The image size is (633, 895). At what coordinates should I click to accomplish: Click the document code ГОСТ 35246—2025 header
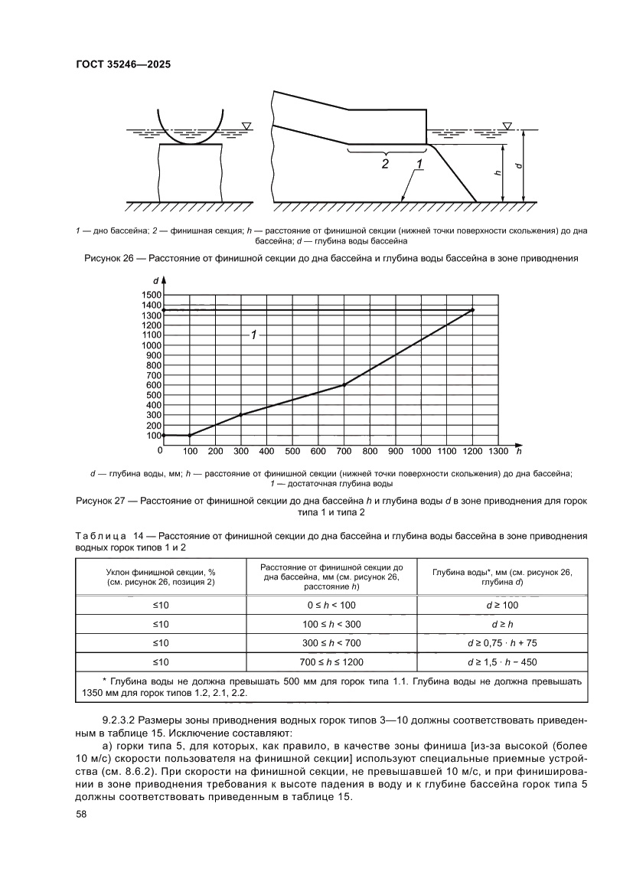coord(122,65)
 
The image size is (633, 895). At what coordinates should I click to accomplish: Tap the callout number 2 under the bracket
coord(385,163)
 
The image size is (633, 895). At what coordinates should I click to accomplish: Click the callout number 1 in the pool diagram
coord(420,164)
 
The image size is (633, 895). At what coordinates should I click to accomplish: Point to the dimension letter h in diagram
coord(498,173)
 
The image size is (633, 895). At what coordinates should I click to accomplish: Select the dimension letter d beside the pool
coord(519,165)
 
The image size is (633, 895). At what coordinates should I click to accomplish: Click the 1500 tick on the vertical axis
coord(151,295)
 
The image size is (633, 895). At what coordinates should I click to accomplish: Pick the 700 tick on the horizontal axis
coord(344,451)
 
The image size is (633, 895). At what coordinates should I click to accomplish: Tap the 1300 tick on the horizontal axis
coord(498,451)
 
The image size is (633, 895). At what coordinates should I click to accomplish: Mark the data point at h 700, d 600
coord(344,384)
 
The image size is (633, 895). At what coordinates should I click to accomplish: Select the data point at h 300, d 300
coord(241,415)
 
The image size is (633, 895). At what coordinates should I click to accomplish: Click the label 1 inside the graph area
coord(254,335)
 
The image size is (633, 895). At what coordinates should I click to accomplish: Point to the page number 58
coord(81,813)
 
